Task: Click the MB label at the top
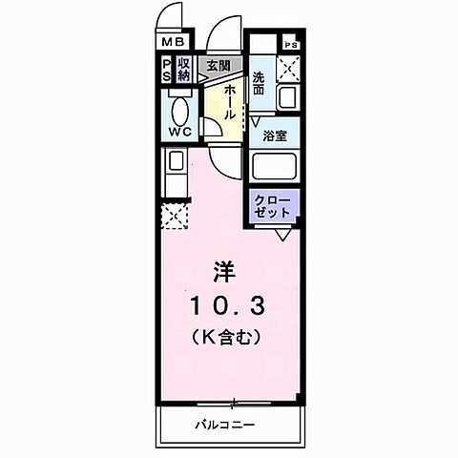(173, 42)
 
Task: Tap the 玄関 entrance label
(219, 66)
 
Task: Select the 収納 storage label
(184, 70)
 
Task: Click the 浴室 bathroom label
(276, 135)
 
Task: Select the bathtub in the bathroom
(276, 167)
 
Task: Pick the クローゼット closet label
(276, 206)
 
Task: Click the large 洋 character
(224, 269)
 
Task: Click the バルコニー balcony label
(226, 422)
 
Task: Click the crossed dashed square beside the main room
(175, 218)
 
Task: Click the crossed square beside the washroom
(289, 68)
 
